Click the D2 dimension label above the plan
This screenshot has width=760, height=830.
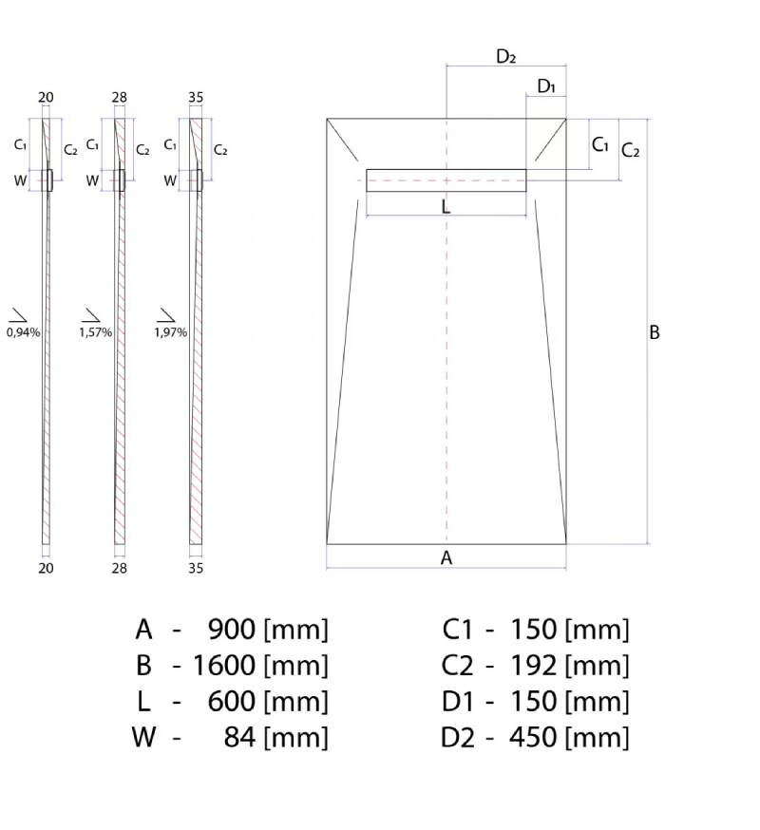pos(505,56)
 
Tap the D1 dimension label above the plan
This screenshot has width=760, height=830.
pos(546,85)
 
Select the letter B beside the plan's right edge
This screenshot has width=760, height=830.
pos(655,332)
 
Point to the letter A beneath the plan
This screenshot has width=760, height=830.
pos(446,557)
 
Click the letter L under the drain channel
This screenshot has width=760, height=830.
pos(446,207)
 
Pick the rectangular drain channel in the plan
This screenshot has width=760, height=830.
pos(446,180)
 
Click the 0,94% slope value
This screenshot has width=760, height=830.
pos(23,332)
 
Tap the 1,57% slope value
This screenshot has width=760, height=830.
pos(95,332)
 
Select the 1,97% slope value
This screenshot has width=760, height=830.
pos(171,332)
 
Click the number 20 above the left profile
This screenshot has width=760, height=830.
pos(46,98)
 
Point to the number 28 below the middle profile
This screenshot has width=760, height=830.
pos(119,568)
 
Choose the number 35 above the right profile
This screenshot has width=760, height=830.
pos(196,98)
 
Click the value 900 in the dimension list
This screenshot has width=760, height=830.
pos(232,630)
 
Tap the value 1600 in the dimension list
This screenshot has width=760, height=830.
pos(224,666)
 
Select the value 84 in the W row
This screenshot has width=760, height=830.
pos(240,737)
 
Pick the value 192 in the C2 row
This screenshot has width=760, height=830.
pos(533,666)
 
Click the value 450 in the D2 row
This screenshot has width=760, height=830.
pos(533,737)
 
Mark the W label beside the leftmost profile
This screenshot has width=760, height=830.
pos(20,180)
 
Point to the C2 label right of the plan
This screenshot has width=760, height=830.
pos(630,150)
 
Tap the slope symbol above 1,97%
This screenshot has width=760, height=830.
pos(165,315)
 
